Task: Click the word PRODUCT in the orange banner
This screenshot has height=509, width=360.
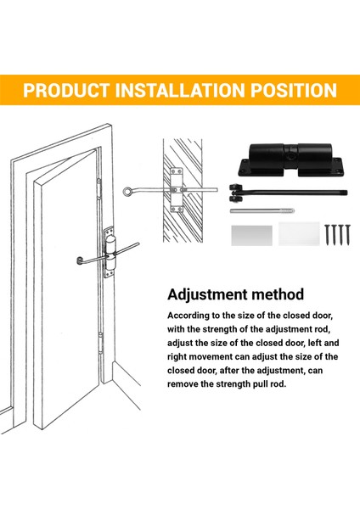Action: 66,90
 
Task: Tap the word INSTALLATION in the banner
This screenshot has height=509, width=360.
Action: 180,90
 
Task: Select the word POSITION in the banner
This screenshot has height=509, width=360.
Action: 294,90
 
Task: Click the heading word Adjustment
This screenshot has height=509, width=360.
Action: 206,294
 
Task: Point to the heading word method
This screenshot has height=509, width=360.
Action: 278,294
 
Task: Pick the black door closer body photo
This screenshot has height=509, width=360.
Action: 290,160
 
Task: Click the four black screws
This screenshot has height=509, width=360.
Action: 338,234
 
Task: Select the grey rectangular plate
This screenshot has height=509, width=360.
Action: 252,235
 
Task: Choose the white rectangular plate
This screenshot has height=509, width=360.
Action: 299,234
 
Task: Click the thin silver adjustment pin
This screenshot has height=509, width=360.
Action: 262,210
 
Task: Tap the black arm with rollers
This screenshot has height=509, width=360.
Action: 288,193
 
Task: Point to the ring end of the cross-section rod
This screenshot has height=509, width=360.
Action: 127,191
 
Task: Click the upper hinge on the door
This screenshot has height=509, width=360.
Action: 98,188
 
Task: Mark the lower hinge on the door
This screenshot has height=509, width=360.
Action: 101,343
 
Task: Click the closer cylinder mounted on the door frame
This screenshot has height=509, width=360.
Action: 110,253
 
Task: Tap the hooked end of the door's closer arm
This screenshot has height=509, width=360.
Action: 80,260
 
